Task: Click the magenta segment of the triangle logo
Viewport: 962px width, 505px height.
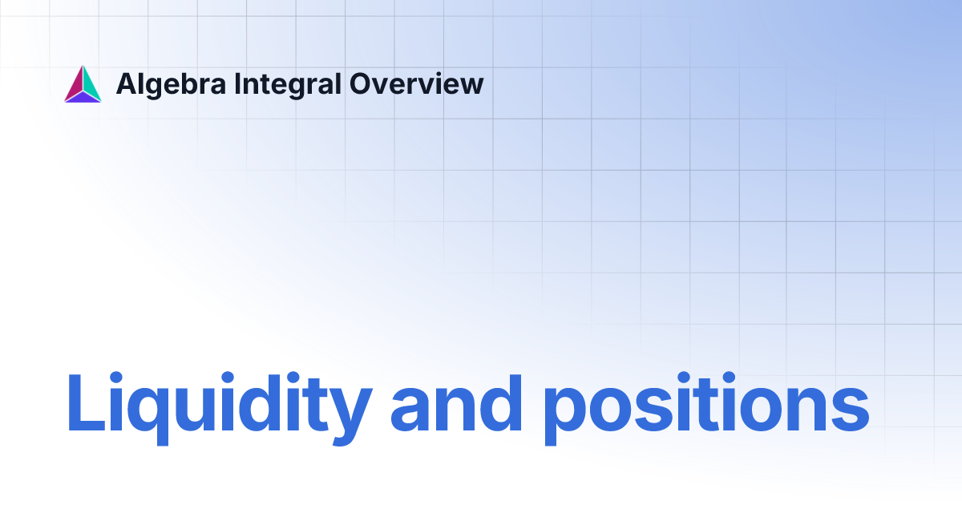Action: click(x=73, y=84)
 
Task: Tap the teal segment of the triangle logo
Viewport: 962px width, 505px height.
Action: click(x=91, y=84)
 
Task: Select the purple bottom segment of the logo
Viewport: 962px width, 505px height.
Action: click(x=83, y=98)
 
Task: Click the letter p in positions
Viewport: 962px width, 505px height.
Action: click(x=566, y=413)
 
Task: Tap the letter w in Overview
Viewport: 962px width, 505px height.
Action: click(x=471, y=86)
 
